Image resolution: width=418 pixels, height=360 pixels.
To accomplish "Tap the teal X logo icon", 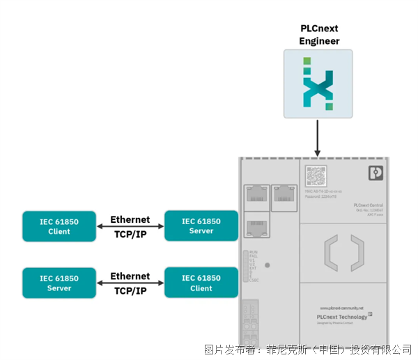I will pyautogui.click(x=318, y=84).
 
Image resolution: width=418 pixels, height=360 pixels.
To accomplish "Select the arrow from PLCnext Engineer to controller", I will pyautogui.click(x=318, y=138).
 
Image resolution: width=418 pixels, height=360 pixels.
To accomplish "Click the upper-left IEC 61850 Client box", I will pyautogui.click(x=59, y=226).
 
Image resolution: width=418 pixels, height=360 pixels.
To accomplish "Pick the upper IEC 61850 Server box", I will pyautogui.click(x=201, y=226).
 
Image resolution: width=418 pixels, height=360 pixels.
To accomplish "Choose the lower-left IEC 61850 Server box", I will pyautogui.click(x=59, y=283).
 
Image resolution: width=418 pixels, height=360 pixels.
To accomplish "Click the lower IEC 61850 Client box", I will pyautogui.click(x=201, y=283).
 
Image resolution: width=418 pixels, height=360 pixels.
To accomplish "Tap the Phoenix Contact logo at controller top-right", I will pyautogui.click(x=376, y=173).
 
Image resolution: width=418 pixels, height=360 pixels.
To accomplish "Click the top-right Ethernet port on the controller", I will pyautogui.click(x=282, y=193).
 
